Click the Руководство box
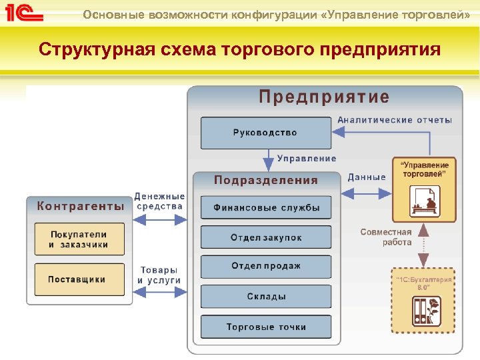[x=265, y=133]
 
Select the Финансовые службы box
[x=266, y=207]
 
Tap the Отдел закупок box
[x=266, y=237]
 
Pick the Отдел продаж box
[x=266, y=267]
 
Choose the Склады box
[x=266, y=297]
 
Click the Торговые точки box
[x=266, y=327]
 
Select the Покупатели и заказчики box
[x=79, y=239]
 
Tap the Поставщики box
[x=79, y=279]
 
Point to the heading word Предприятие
[x=324, y=97]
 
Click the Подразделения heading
[x=266, y=180]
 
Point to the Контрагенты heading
[x=80, y=206]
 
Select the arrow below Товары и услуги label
[x=159, y=293]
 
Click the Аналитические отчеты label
[x=395, y=120]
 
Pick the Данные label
[x=367, y=177]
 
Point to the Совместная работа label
[x=386, y=237]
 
